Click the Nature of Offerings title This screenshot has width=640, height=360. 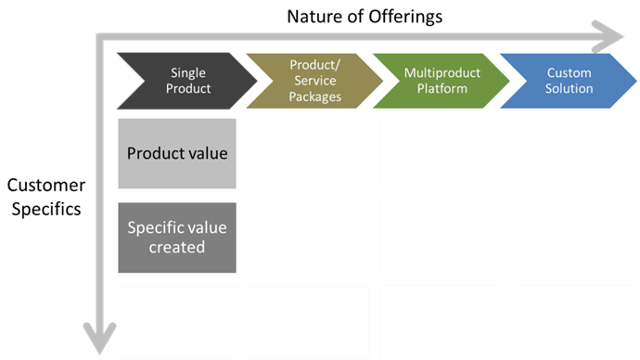point(365,16)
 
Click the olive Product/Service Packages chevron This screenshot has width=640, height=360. point(310,81)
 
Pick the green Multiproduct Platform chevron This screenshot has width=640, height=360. point(436,81)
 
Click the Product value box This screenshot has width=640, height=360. point(177,153)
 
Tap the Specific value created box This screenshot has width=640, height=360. point(177,237)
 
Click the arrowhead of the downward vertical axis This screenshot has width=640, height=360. point(97,339)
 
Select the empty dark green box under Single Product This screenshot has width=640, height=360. point(177,321)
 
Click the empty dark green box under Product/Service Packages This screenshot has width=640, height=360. point(310,321)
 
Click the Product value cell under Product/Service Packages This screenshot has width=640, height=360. point(310,153)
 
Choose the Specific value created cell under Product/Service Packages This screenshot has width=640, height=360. point(310,237)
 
